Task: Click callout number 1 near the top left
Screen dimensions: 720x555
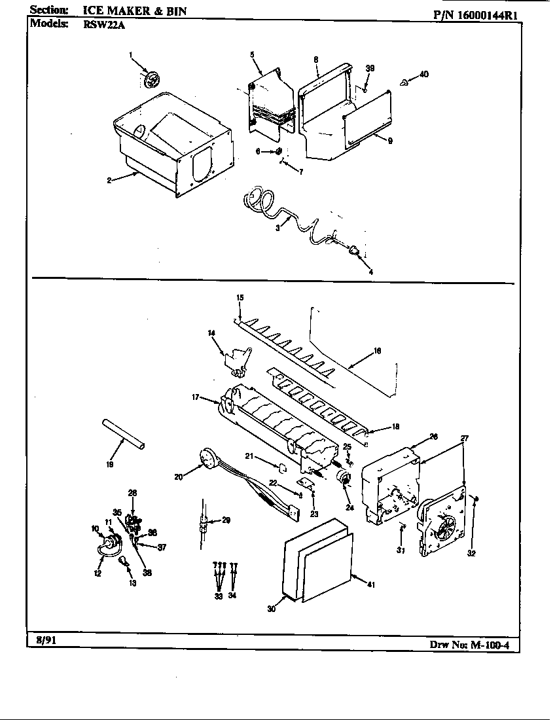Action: (x=130, y=54)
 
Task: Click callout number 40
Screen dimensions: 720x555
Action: (x=424, y=74)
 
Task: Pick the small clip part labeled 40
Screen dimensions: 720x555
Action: (x=403, y=82)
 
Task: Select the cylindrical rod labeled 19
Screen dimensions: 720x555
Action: (x=123, y=433)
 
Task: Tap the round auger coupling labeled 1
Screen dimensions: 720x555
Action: (x=151, y=81)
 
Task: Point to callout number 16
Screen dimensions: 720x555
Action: (x=377, y=351)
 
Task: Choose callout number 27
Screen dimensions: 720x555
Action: (x=465, y=439)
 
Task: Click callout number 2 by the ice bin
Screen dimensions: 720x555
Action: (x=109, y=180)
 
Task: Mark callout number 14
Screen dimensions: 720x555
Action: (x=211, y=334)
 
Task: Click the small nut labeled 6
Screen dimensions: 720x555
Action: (x=278, y=151)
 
